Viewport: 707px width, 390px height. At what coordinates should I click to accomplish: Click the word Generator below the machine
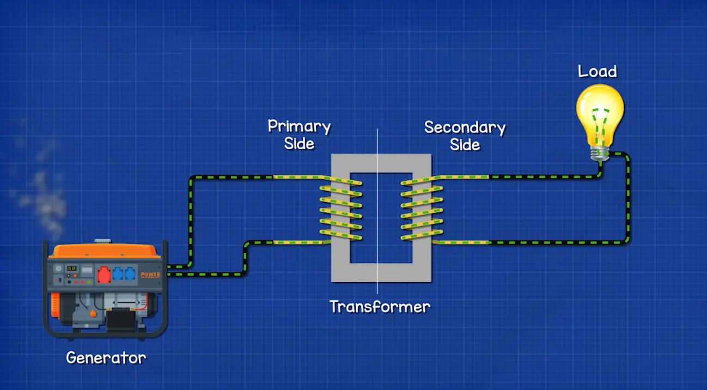[106, 358]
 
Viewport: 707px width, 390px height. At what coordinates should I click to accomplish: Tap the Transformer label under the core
[380, 307]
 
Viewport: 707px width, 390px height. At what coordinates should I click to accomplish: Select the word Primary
[299, 127]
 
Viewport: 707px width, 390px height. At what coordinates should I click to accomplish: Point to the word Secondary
[465, 127]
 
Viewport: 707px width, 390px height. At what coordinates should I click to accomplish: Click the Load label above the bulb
[597, 71]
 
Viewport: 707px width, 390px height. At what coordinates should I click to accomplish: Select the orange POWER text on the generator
[150, 275]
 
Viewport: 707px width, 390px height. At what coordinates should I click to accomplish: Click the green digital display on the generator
[71, 269]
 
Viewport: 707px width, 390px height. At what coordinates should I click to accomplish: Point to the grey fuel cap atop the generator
[102, 241]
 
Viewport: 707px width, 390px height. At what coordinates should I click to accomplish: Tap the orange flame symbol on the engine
[93, 313]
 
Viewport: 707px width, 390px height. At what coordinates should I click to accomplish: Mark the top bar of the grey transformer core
[381, 163]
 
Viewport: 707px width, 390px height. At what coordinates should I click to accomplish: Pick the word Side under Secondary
[465, 144]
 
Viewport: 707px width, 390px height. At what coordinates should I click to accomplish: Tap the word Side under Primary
[299, 144]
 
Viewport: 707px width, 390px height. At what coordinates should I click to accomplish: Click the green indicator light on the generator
[70, 282]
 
